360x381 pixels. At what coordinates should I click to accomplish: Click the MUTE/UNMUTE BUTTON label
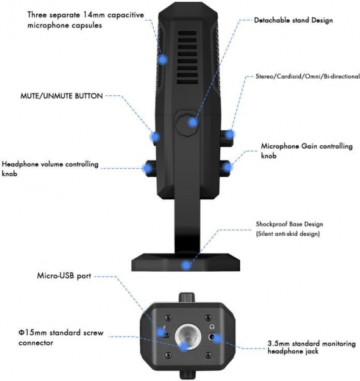62,96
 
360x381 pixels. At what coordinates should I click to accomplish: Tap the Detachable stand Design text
293,20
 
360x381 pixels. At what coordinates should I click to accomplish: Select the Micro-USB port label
64,276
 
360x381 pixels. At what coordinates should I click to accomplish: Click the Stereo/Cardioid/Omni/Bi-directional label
307,76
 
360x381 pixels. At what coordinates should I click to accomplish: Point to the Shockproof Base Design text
290,224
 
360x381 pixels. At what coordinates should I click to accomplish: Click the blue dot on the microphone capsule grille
163,59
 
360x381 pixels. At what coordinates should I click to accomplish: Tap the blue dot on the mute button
155,137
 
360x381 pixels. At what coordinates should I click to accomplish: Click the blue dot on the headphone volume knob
147,168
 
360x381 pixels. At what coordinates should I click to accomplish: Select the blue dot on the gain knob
227,167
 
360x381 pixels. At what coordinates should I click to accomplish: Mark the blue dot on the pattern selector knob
229,134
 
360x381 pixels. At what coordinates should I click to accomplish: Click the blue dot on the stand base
186,265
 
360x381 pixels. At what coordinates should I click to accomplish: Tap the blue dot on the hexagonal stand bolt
193,122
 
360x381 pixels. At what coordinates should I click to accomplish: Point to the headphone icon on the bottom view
211,327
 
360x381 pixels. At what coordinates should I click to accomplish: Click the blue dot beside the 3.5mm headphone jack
217,338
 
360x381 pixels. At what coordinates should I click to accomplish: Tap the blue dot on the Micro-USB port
161,331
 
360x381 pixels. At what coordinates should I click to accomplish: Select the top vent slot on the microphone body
187,33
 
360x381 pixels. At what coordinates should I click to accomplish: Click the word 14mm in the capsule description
93,15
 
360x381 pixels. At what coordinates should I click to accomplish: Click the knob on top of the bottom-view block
187,297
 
